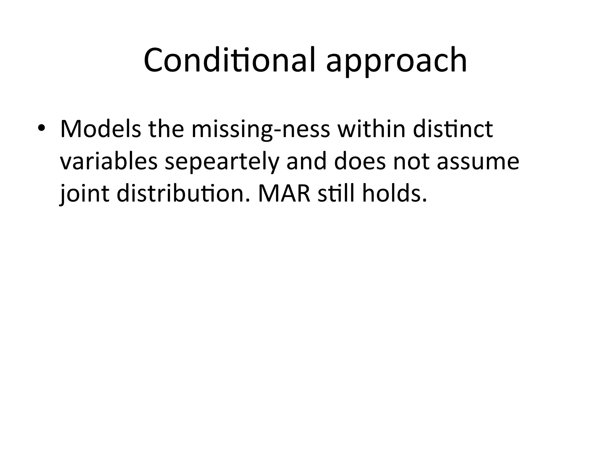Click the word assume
click(x=478, y=163)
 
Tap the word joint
click(x=84, y=194)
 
